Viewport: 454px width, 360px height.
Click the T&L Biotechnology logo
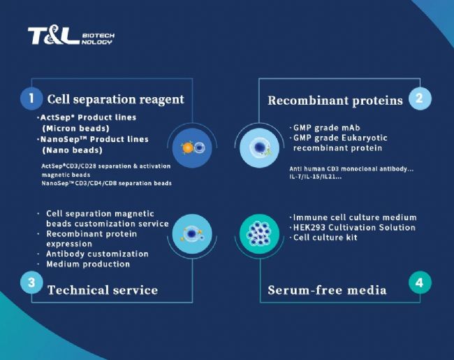[x=71, y=36]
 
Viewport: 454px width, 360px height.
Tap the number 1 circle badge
[x=31, y=99]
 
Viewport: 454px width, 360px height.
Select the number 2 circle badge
[x=420, y=99]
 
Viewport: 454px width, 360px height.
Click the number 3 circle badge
[x=31, y=282]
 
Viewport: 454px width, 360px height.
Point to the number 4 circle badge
[x=420, y=282]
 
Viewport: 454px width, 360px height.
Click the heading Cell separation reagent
[x=115, y=99]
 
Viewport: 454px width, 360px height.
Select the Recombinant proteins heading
[x=335, y=101]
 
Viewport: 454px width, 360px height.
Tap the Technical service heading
[x=103, y=290]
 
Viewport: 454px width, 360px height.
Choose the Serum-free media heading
[x=327, y=290]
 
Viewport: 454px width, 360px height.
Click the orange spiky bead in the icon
[x=187, y=147]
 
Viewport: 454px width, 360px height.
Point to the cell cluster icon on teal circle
[x=259, y=234]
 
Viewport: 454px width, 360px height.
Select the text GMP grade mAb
[x=327, y=128]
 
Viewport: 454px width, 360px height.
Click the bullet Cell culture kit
[x=325, y=238]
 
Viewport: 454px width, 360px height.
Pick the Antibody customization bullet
[x=97, y=254]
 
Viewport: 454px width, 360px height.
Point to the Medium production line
[x=88, y=264]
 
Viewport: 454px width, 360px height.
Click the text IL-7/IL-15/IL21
[x=315, y=177]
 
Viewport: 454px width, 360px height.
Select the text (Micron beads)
[x=75, y=129]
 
